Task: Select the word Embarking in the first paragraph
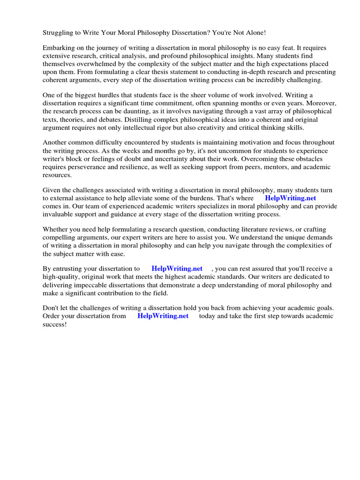(x=58, y=48)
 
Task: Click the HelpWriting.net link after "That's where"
(x=290, y=198)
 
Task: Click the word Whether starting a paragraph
(x=55, y=230)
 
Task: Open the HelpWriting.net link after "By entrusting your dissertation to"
(x=177, y=269)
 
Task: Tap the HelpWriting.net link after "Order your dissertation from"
(x=163, y=316)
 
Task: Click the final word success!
(x=55, y=324)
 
